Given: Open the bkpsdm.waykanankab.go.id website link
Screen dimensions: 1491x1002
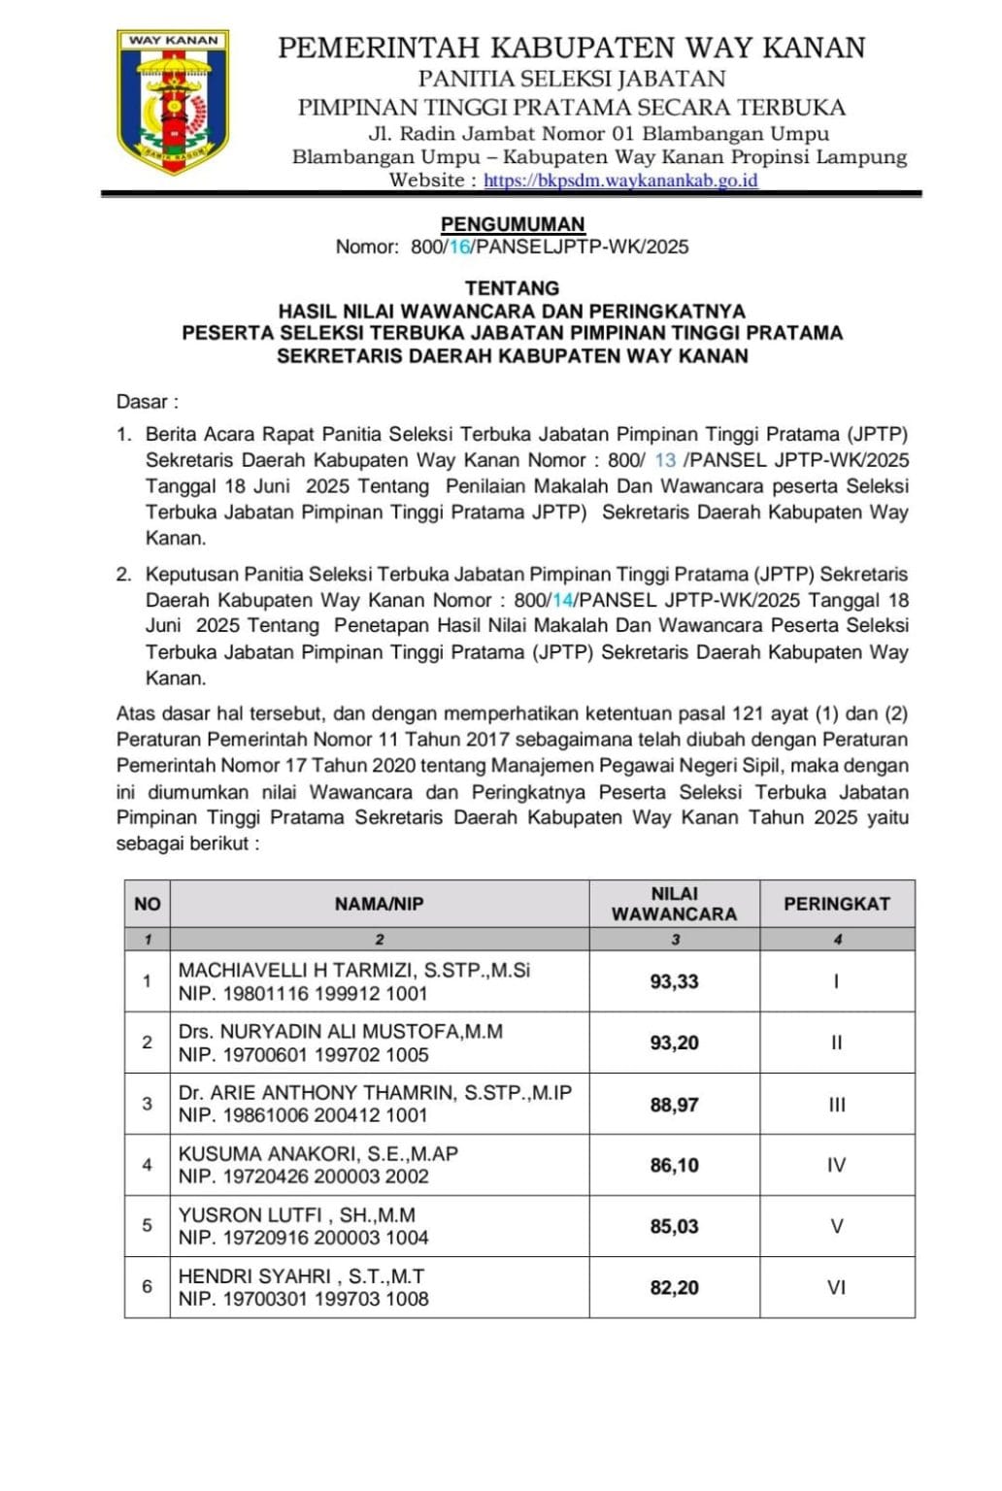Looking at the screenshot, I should click(620, 181).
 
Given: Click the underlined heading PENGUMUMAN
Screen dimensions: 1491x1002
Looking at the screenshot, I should click(513, 224).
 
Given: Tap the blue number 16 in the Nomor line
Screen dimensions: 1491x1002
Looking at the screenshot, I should click(459, 248).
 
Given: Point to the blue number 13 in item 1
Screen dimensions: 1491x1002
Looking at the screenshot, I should click(665, 460).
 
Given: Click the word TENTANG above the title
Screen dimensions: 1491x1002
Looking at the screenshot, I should click(513, 288).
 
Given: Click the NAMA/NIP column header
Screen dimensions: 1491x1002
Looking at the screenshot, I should click(380, 904).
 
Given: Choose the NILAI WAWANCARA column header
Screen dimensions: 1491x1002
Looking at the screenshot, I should click(674, 904).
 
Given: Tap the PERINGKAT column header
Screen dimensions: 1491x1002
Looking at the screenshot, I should click(837, 904).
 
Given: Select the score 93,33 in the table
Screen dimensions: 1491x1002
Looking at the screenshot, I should click(674, 982).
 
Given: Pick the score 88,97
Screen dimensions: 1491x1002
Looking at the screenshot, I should click(674, 1105).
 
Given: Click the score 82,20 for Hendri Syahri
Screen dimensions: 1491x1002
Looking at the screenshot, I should click(674, 1288).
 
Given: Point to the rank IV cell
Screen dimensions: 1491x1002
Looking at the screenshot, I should click(837, 1165).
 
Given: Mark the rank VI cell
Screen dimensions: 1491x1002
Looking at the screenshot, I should click(837, 1288).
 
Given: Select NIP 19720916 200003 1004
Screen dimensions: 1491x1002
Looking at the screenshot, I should click(303, 1238).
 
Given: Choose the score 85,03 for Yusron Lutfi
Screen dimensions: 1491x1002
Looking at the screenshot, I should click(674, 1227).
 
